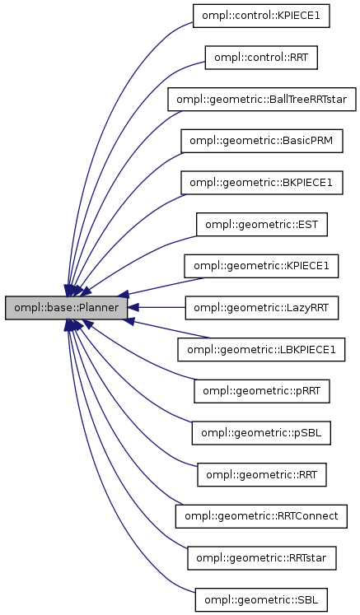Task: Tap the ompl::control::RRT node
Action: (261, 58)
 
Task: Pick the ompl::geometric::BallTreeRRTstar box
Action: (261, 100)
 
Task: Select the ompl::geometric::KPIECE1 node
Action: (261, 266)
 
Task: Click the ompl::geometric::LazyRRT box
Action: (261, 308)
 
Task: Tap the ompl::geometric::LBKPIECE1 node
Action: (261, 350)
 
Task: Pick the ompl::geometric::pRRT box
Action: (261, 391)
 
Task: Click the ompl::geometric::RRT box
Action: (261, 475)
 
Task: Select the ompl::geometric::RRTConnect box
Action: (261, 516)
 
